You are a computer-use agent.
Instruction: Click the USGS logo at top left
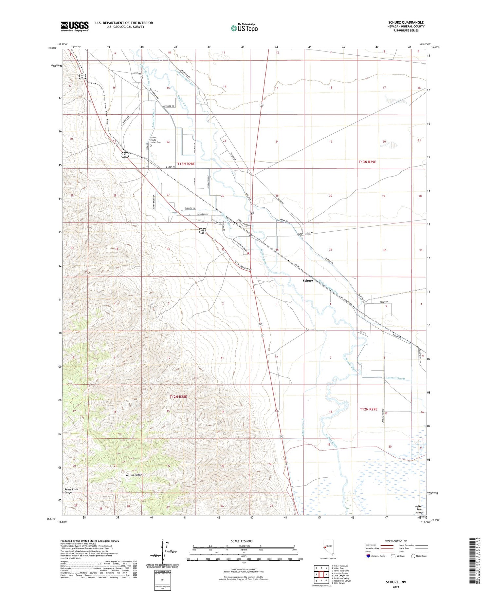tap(75, 26)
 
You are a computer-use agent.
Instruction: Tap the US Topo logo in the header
tap(244, 28)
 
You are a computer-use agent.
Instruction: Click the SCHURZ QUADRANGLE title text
tap(406, 22)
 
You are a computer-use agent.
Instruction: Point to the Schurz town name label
tap(308, 280)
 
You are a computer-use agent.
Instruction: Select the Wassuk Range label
tap(134, 475)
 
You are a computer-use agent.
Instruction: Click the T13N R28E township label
tap(186, 164)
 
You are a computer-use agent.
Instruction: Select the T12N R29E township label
tap(369, 409)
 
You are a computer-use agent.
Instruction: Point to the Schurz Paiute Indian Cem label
tap(155, 140)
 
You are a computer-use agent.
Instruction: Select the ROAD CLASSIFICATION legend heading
tap(396, 541)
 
